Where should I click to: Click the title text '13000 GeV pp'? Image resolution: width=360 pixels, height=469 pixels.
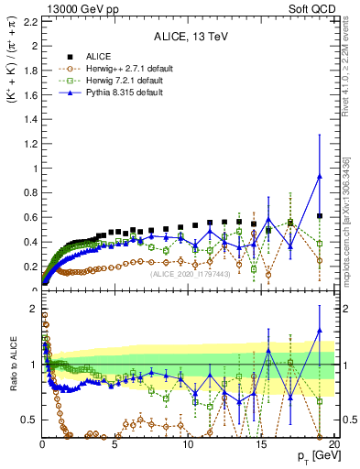coord(71,8)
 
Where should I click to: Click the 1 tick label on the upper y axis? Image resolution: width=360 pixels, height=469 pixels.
coord(32,169)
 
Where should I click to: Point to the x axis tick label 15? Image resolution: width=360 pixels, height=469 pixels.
coord(260,446)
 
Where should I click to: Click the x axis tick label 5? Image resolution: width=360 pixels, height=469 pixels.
coord(115,446)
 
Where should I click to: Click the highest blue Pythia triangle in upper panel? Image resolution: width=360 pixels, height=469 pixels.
coord(319,177)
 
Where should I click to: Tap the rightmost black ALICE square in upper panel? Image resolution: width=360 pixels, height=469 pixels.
coord(319,216)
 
